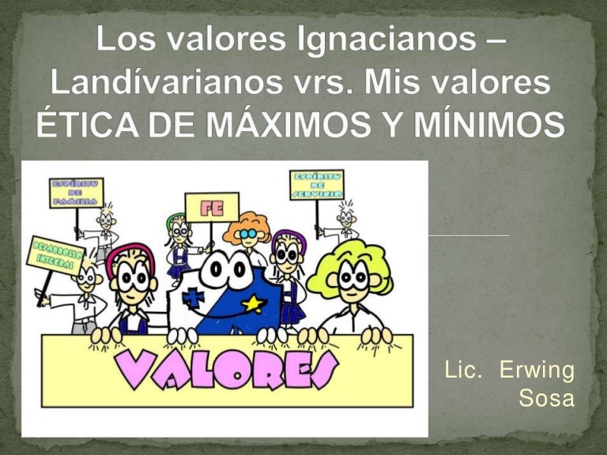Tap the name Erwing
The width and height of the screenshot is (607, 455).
[x=537, y=370]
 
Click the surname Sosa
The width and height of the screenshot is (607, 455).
[x=545, y=400]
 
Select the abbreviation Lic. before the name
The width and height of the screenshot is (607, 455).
[x=464, y=370]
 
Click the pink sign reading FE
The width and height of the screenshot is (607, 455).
[x=211, y=207]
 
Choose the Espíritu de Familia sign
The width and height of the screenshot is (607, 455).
[x=77, y=193]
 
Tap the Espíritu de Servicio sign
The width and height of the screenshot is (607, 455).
[x=316, y=184]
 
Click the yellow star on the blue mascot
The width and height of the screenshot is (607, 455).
[x=252, y=303]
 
